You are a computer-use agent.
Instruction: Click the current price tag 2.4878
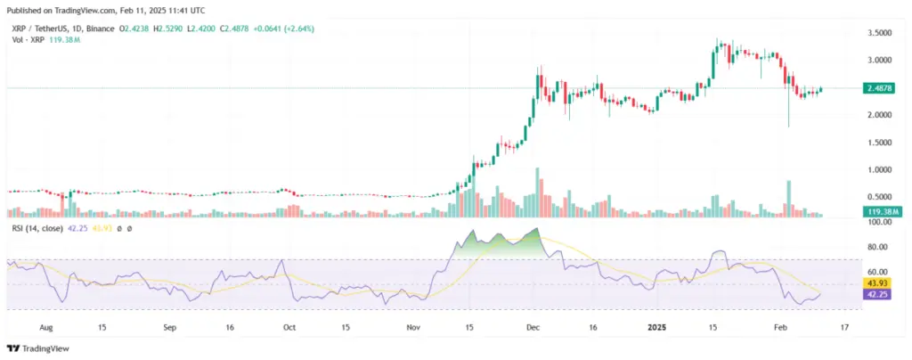[879, 88]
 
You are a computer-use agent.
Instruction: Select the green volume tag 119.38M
[879, 211]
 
